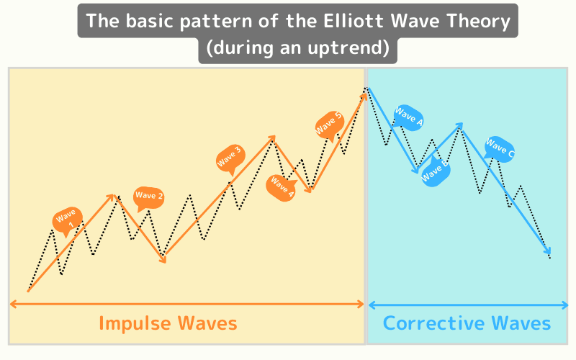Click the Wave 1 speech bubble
point(68,220)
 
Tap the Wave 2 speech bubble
point(149,196)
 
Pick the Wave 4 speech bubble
point(282,186)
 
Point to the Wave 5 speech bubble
point(328,124)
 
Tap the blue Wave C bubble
point(499,149)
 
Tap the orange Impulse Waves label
point(168,323)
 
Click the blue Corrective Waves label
point(467,323)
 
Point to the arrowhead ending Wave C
point(549,253)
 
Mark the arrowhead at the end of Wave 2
point(163,259)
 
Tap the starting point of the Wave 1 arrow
point(28,291)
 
